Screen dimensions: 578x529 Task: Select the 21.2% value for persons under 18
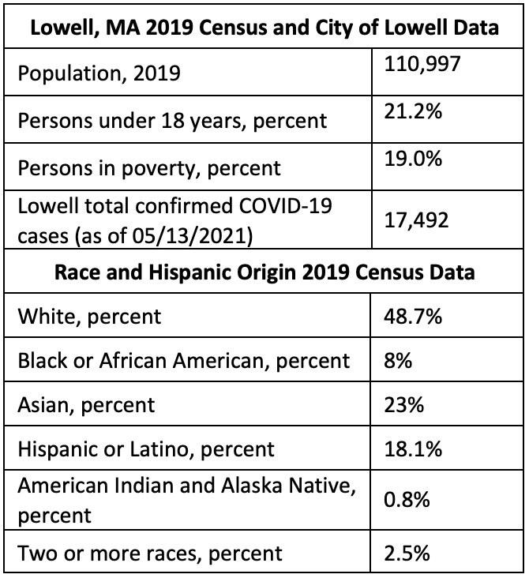coord(412,111)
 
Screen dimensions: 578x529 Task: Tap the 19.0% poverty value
coord(413,158)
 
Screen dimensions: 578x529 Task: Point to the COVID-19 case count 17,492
coord(416,220)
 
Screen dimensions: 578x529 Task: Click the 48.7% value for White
coord(413,317)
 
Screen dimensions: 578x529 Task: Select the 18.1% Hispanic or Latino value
coord(412,449)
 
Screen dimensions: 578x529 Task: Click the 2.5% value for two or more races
coord(407,552)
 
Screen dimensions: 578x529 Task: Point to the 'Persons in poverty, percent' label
coord(149,167)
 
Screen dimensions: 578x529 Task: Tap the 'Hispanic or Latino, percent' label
coord(146,449)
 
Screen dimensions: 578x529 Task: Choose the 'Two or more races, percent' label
coord(149,552)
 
